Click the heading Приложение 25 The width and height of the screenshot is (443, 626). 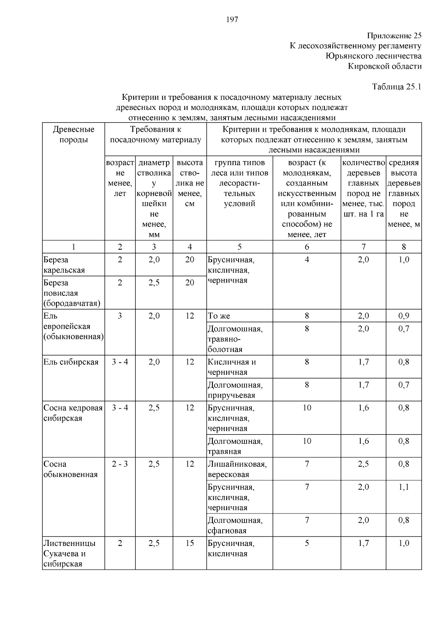394,36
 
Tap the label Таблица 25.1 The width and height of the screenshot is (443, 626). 396,87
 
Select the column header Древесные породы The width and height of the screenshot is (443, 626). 73,135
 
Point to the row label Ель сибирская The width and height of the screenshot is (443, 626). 71,362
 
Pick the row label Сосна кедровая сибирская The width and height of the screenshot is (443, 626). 73,413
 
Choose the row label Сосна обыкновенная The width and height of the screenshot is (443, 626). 71,469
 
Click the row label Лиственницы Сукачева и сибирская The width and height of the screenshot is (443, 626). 69,553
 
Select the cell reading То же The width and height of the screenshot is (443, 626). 219,316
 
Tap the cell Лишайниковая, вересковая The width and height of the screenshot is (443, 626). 237,469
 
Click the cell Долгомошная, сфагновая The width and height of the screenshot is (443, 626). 235,525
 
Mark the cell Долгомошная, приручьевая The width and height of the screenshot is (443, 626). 235,390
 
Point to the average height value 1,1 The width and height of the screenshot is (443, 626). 403,487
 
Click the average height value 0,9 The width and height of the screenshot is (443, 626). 403,316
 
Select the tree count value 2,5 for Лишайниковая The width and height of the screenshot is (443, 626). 363,464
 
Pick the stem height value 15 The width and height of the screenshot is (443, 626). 189,543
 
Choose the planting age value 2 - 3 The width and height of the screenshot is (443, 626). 120,464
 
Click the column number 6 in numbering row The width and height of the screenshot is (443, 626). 307,247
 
